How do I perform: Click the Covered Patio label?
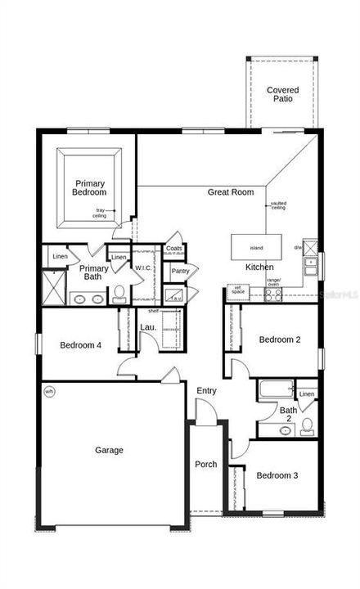click(x=282, y=94)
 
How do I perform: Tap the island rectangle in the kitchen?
click(x=255, y=245)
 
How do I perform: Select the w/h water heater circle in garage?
click(x=48, y=390)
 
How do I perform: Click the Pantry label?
click(x=180, y=271)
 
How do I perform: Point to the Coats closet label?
click(x=173, y=248)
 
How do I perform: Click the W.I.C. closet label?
click(x=143, y=268)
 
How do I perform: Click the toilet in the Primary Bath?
click(x=119, y=294)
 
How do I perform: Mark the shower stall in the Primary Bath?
click(x=54, y=287)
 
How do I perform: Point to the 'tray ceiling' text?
click(x=101, y=212)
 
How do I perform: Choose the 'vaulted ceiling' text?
click(x=279, y=206)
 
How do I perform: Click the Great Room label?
click(x=230, y=192)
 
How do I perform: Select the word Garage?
click(x=109, y=450)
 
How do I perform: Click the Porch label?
click(x=205, y=464)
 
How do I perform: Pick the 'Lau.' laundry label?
click(x=148, y=327)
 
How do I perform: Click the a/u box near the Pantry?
click(x=177, y=296)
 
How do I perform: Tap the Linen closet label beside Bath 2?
click(x=306, y=395)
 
